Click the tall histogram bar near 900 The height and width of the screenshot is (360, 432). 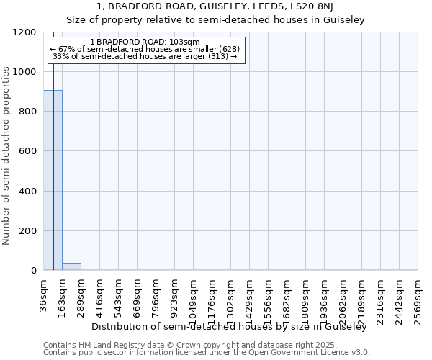tap(53, 180)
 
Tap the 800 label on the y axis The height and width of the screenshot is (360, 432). tap(27, 112)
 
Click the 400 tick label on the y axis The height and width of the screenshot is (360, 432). tap(27, 192)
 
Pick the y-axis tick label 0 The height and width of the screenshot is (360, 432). tap(33, 271)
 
